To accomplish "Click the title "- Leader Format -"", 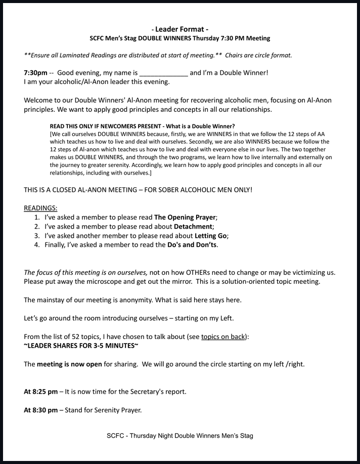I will (179, 29).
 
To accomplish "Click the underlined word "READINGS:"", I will (40, 208).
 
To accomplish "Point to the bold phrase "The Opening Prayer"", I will (185, 218).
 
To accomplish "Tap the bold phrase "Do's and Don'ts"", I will (192, 245).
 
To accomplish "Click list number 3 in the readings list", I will (36, 236).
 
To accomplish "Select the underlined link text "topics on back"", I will (223, 336).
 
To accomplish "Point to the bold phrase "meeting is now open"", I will (69, 364).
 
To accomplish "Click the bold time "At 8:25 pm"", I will (40, 392).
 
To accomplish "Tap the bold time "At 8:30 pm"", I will (40, 410).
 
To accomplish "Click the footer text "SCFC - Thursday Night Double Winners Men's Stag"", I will (180, 436).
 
